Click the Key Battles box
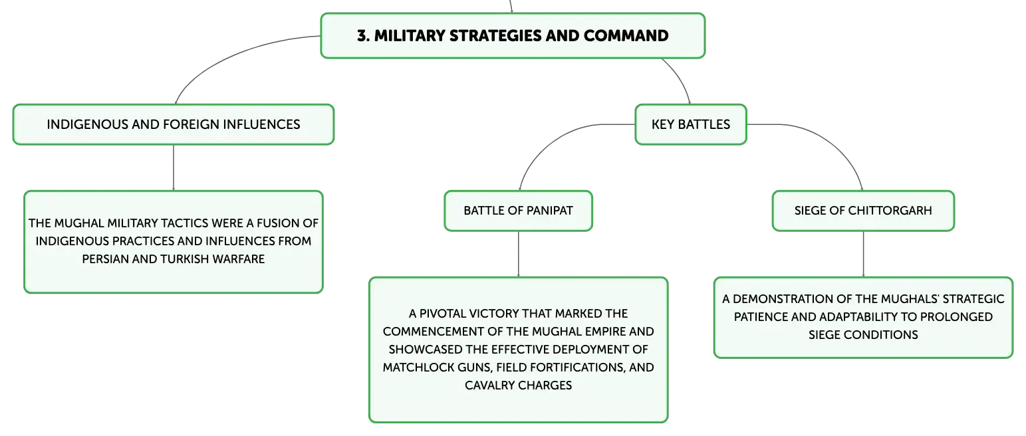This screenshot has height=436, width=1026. tap(691, 124)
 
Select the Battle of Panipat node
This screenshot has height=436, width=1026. tap(519, 211)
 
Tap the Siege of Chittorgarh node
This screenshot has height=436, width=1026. tap(863, 211)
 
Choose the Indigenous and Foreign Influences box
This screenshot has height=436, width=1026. tap(174, 124)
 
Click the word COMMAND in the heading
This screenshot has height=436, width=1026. tap(626, 36)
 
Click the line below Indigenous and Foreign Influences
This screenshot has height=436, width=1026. tap(174, 167)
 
